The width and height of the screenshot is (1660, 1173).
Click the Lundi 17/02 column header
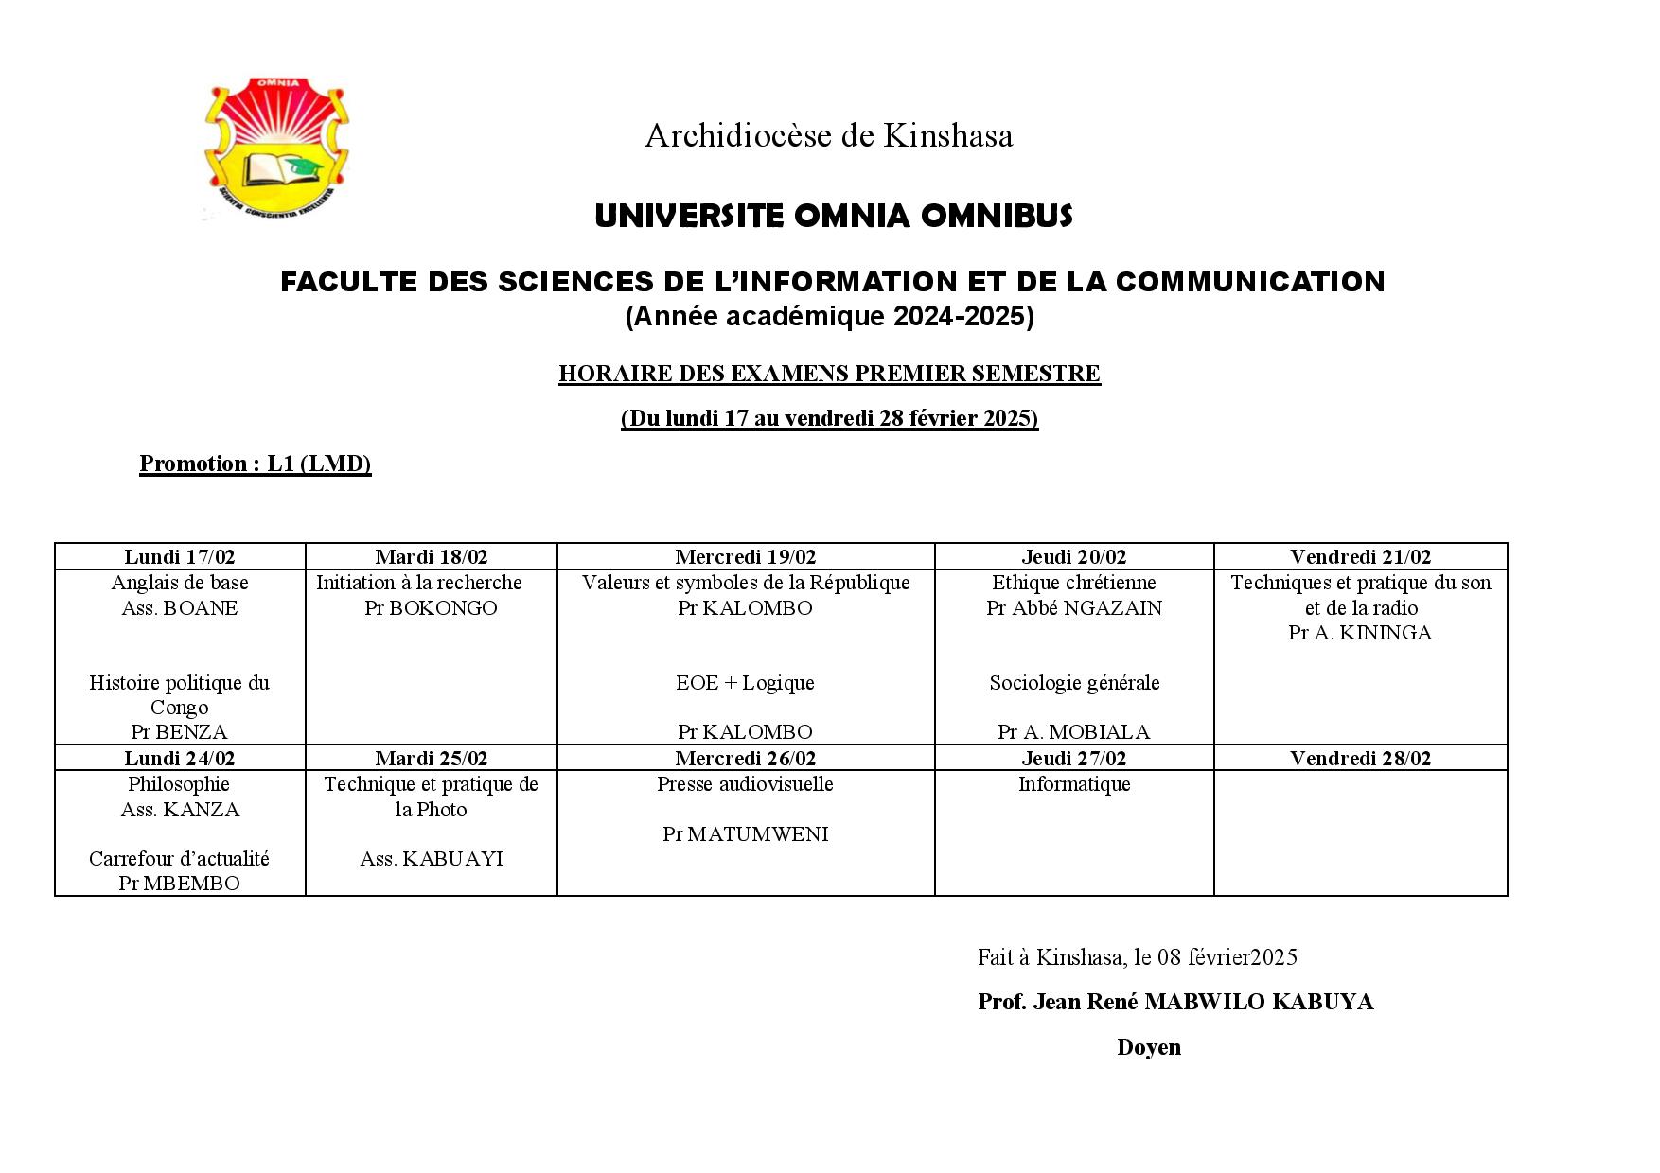point(180,557)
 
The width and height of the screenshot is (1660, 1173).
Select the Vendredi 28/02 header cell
point(1360,758)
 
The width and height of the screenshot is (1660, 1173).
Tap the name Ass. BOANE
point(180,608)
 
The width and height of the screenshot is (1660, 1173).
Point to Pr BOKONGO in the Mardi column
point(431,608)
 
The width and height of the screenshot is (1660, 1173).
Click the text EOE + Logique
point(745,683)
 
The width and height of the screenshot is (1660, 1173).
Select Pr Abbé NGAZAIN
point(1073,608)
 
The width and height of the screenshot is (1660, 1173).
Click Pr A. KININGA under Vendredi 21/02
point(1360,633)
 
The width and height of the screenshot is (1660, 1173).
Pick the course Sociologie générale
point(1074,683)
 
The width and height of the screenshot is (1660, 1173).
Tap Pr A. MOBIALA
point(1073,732)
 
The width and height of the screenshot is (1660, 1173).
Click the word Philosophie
point(179,784)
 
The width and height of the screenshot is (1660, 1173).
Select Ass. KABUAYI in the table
point(431,859)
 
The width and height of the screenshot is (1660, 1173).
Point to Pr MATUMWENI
point(745,834)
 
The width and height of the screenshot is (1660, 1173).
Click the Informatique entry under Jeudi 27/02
point(1074,784)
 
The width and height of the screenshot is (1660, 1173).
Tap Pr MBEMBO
point(179,884)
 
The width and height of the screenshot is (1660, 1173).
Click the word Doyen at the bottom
point(1148,1047)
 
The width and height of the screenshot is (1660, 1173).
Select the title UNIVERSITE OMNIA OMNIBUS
point(833,217)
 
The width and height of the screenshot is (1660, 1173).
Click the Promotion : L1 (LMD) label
point(255,464)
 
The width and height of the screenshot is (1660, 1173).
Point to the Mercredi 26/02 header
point(745,758)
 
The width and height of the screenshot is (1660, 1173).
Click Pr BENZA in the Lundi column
point(179,732)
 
